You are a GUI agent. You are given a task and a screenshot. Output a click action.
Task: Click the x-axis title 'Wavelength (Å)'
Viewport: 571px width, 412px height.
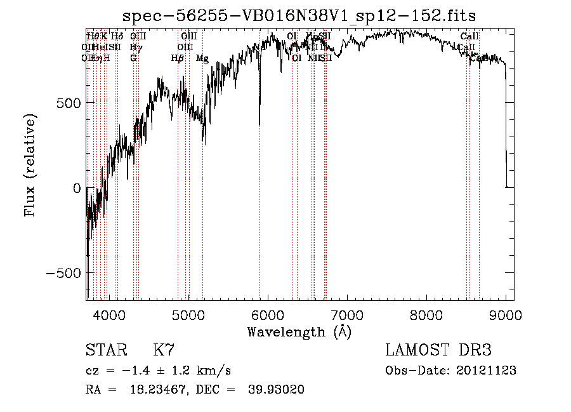[299, 331]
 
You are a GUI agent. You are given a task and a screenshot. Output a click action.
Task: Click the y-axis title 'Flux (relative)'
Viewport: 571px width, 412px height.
[30, 166]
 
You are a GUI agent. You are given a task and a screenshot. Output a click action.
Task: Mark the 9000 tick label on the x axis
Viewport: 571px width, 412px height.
[505, 314]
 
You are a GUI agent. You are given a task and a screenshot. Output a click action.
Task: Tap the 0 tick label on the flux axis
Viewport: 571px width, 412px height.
[77, 188]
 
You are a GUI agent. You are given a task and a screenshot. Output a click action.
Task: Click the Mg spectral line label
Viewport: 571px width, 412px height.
[202, 58]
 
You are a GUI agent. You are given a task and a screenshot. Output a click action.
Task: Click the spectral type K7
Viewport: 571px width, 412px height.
[164, 350]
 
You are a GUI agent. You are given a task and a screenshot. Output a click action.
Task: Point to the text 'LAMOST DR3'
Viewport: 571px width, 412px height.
[438, 350]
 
